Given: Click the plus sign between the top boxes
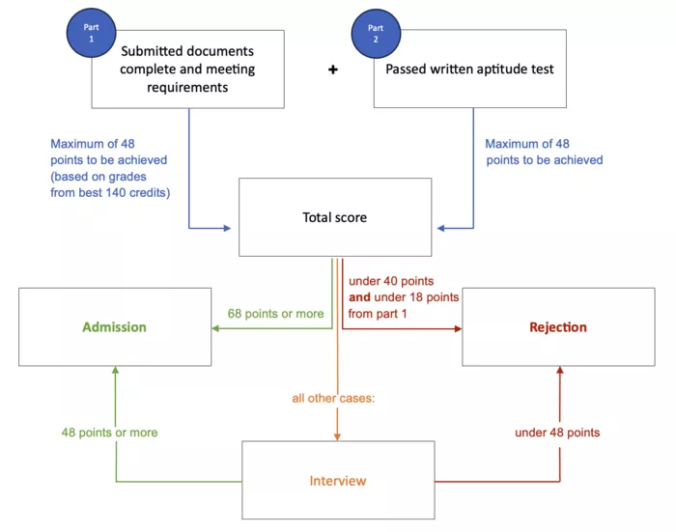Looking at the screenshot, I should (333, 70).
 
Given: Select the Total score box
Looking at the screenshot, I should (334, 217).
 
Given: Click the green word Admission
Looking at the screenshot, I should (114, 327).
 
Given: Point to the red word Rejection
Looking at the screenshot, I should (557, 327).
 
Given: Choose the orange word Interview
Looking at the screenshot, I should (337, 480).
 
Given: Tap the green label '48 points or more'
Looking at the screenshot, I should (109, 433).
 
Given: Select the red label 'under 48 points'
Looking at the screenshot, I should (558, 433).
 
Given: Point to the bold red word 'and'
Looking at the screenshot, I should (359, 297).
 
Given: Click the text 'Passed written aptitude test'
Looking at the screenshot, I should (470, 70).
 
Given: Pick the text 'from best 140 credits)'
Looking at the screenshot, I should (110, 193).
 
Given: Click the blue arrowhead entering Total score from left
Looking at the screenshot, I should (227, 229).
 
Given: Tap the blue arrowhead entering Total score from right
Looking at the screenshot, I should (441, 229).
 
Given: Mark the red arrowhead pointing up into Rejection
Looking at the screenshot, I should (559, 372).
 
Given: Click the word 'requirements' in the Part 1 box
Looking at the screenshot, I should (187, 87).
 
